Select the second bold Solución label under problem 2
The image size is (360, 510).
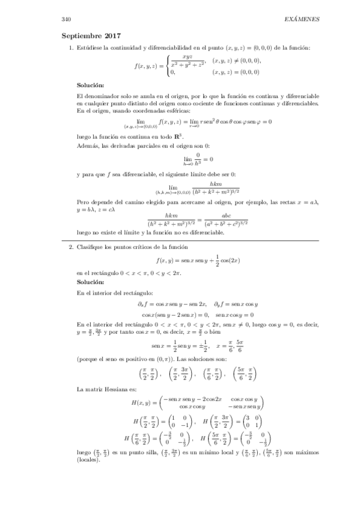click(91, 281)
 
